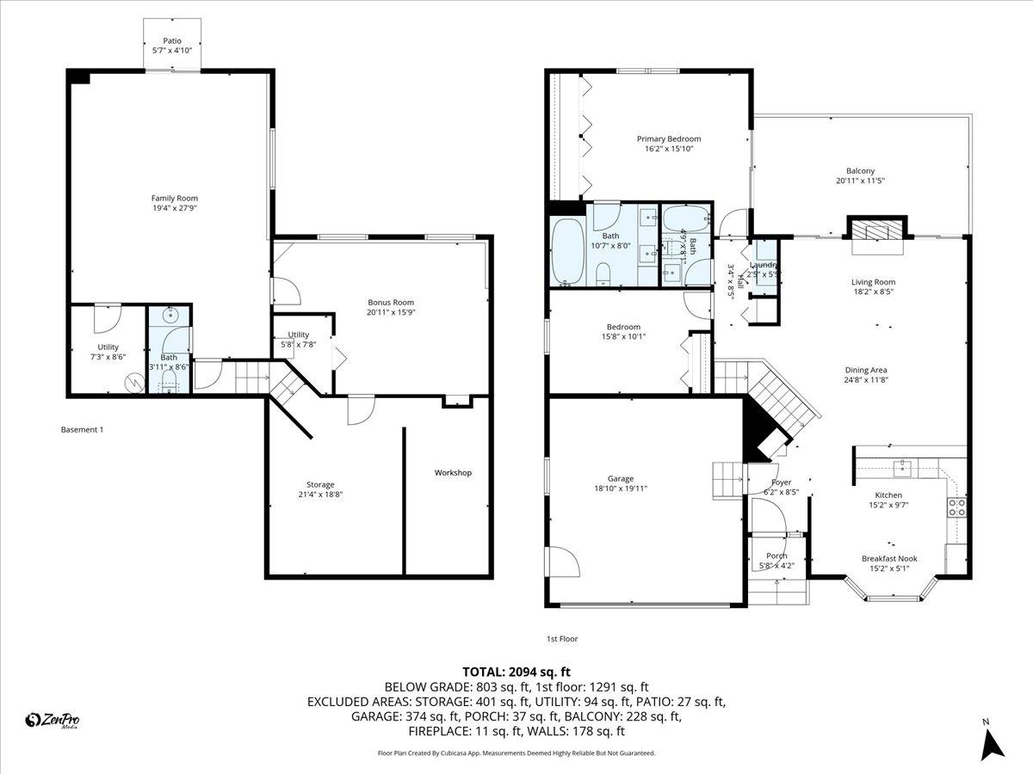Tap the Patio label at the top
(x=172, y=40)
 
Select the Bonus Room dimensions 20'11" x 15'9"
(x=391, y=313)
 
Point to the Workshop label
(x=453, y=473)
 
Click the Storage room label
(x=320, y=485)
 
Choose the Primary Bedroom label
(x=669, y=138)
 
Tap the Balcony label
(x=860, y=171)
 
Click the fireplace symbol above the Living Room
(x=878, y=230)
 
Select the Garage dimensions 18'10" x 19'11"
(x=621, y=488)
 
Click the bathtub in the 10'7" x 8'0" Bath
(x=568, y=251)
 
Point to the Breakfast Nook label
(x=889, y=558)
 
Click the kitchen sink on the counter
(x=904, y=468)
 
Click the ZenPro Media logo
(x=54, y=721)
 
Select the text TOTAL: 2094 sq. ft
(x=516, y=672)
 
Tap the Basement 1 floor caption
(x=82, y=429)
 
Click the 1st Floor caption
(x=562, y=639)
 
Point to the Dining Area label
(x=865, y=370)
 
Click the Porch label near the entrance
(x=777, y=556)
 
